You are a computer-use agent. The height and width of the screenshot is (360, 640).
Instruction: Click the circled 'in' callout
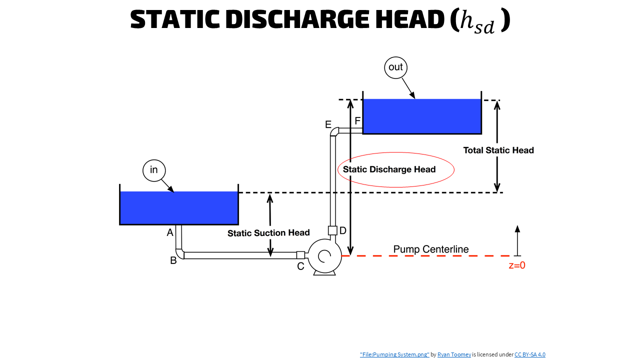pyautogui.click(x=154, y=170)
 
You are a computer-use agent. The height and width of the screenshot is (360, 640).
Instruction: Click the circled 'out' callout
pyautogui.click(x=395, y=67)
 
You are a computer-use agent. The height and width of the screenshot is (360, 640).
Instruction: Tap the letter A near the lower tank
pyautogui.click(x=170, y=232)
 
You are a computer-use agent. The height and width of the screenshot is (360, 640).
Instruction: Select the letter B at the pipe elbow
pyautogui.click(x=173, y=260)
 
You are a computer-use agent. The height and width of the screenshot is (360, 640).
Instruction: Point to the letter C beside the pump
pyautogui.click(x=300, y=266)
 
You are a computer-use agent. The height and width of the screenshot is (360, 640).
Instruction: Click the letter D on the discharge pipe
pyautogui.click(x=343, y=230)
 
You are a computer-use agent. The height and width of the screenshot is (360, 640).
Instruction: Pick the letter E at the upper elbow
pyautogui.click(x=328, y=124)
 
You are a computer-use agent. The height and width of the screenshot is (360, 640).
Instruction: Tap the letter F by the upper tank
pyautogui.click(x=357, y=121)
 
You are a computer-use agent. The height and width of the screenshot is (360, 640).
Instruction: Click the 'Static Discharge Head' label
pyautogui.click(x=389, y=169)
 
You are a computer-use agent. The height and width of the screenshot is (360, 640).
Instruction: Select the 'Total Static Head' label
pyautogui.click(x=498, y=150)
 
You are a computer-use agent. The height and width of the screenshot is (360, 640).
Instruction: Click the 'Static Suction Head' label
pyautogui.click(x=268, y=233)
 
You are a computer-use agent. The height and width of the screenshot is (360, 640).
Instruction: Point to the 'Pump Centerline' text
pyautogui.click(x=431, y=249)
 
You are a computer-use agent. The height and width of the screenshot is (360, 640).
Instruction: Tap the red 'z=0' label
pyautogui.click(x=517, y=265)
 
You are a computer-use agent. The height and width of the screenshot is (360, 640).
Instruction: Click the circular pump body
pyautogui.click(x=324, y=256)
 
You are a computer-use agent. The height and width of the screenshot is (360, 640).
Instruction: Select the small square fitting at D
pyautogui.click(x=332, y=230)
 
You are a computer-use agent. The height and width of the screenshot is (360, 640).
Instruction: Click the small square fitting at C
pyautogui.click(x=300, y=255)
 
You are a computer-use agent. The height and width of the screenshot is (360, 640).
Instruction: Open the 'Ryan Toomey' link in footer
pyautogui.click(x=454, y=354)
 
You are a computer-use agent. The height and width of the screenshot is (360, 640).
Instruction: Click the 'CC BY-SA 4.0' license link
pyautogui.click(x=529, y=354)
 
